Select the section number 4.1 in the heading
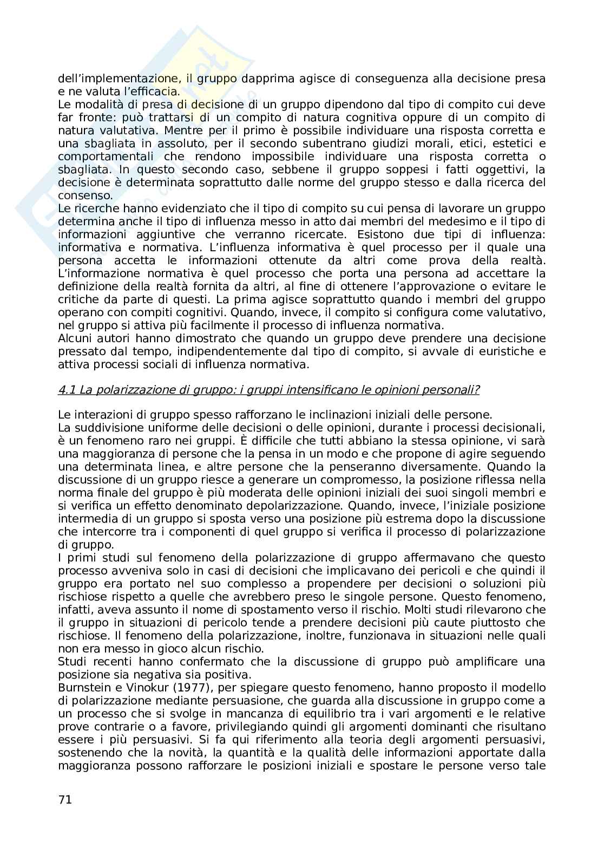[x=66, y=390]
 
